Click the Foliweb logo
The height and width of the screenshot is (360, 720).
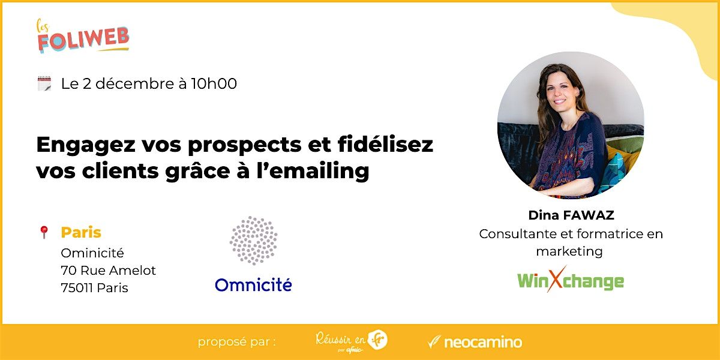click(x=83, y=37)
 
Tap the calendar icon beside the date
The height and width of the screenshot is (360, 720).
click(x=44, y=84)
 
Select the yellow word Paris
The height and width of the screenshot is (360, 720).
click(x=81, y=233)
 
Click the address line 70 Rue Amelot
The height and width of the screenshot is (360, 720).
click(x=108, y=271)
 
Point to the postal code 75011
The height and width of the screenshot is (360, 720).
click(x=77, y=288)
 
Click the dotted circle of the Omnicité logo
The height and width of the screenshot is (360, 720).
click(x=254, y=241)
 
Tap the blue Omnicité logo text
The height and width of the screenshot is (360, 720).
click(x=253, y=284)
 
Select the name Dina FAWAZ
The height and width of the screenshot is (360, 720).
click(x=571, y=215)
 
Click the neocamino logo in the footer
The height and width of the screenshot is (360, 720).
click(x=475, y=343)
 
